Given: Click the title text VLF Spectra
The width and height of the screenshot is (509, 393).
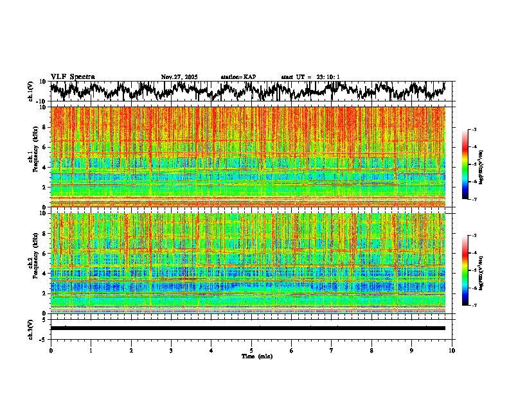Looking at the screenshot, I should click(x=73, y=77).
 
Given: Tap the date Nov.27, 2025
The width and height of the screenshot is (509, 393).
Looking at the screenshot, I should click(x=179, y=77).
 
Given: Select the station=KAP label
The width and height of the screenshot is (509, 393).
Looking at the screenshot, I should click(x=238, y=77).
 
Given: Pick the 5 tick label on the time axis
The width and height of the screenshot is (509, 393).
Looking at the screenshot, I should click(x=251, y=350).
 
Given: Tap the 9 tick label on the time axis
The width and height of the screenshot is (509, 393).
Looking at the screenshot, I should click(x=412, y=350).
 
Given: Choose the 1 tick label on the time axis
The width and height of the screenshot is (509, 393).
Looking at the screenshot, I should click(x=91, y=350).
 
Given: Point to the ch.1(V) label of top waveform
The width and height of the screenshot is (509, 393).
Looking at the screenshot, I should click(x=30, y=91).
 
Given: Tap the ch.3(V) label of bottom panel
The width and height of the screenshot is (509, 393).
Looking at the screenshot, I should click(x=30, y=328).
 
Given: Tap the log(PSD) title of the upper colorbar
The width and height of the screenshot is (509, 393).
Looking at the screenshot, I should click(x=489, y=164).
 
